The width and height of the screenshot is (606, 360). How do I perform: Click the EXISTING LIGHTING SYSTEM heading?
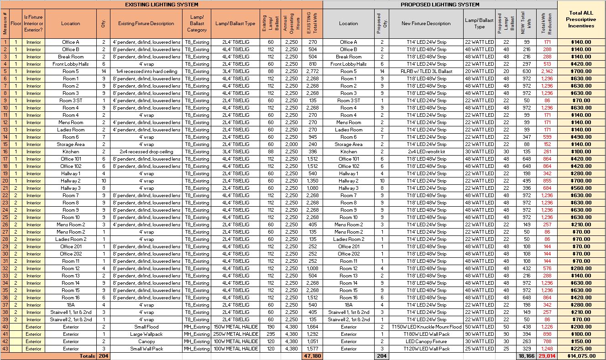162,5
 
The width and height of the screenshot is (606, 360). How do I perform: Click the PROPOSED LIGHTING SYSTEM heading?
439,5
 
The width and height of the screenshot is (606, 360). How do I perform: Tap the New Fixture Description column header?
426,23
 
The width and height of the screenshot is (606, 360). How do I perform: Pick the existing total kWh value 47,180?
312,356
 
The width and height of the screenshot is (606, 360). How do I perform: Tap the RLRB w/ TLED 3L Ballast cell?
426,71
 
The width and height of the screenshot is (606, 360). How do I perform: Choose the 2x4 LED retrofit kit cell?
426,151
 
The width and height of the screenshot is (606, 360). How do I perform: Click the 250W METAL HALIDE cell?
235,334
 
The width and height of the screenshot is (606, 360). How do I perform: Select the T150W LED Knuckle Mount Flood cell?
426,327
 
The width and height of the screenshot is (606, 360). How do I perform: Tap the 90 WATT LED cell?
479,334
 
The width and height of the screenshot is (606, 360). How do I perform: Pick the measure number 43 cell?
5,349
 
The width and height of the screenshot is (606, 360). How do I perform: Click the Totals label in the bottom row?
87,356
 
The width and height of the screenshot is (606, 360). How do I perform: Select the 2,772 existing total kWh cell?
312,71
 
